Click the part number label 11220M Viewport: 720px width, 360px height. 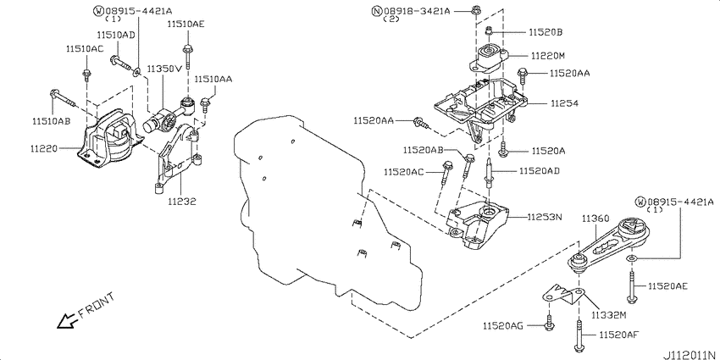click(x=548, y=56)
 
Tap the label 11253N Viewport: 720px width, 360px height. click(x=545, y=217)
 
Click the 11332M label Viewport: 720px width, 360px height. click(x=608, y=315)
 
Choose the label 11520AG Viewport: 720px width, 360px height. click(x=503, y=326)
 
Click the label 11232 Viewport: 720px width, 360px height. click(x=181, y=201)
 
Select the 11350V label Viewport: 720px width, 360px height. click(x=165, y=69)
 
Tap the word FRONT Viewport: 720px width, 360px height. click(x=97, y=306)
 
